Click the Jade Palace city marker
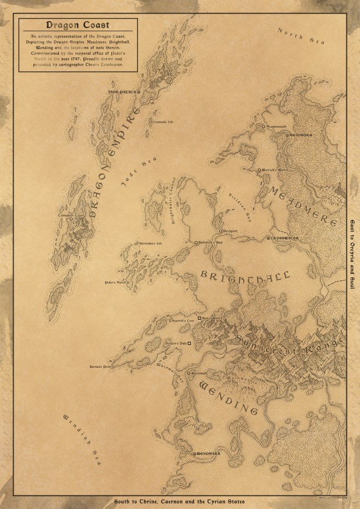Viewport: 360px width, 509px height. point(138,93)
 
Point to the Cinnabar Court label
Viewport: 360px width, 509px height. point(72,216)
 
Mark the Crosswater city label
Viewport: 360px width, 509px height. point(284,238)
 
